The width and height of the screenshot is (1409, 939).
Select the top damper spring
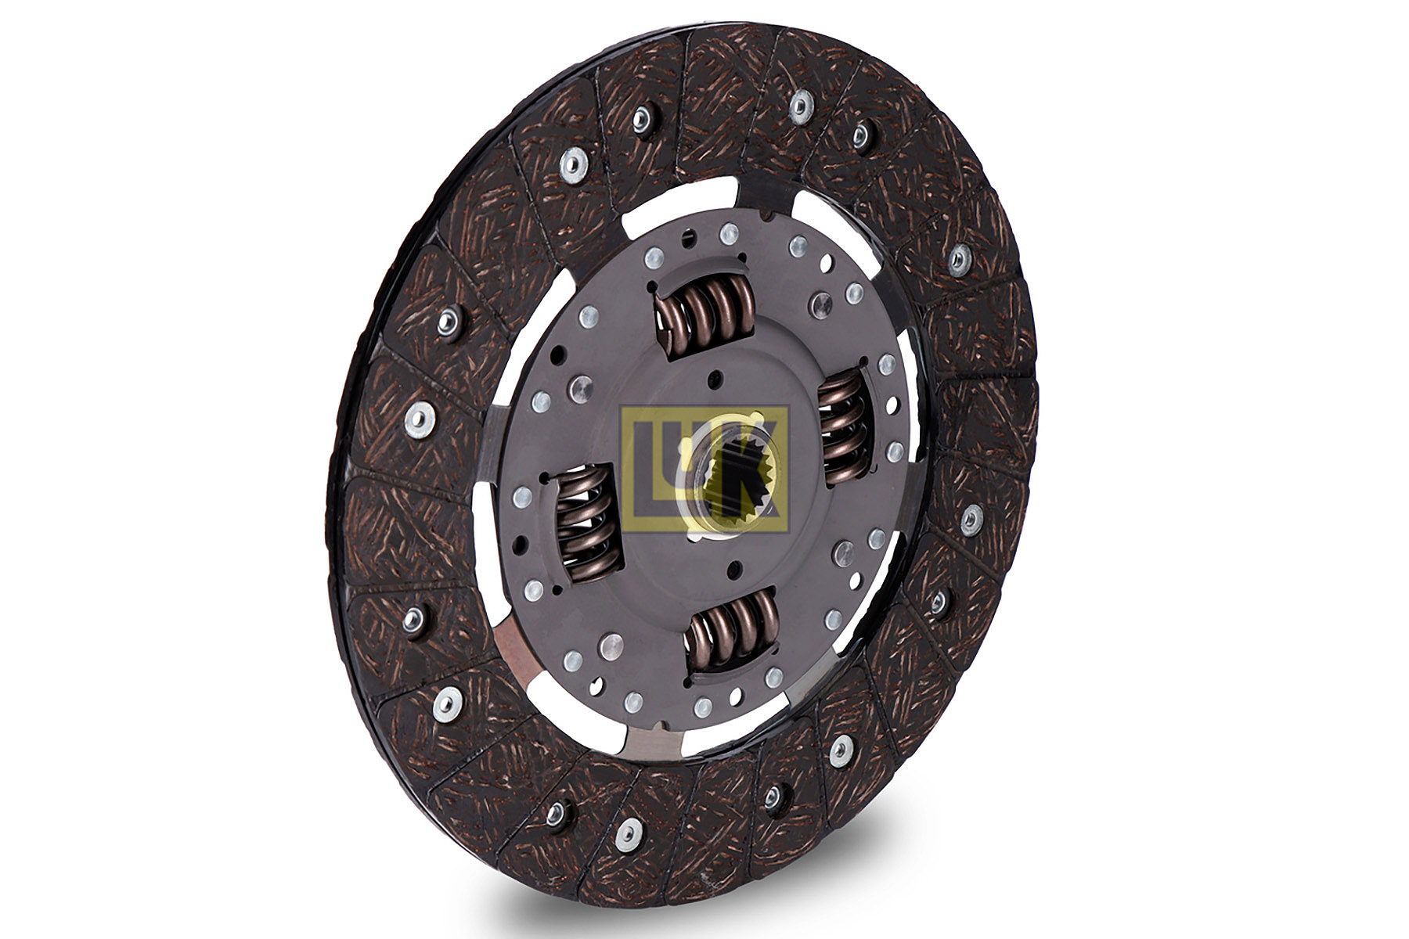[x=704, y=308]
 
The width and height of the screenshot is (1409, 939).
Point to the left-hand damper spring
[x=586, y=520]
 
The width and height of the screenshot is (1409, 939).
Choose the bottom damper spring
[x=732, y=630]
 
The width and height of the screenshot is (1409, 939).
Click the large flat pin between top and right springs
[x=820, y=304]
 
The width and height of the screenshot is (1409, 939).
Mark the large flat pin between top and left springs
[x=581, y=388]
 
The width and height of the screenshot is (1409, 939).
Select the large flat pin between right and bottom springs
[x=843, y=553]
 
